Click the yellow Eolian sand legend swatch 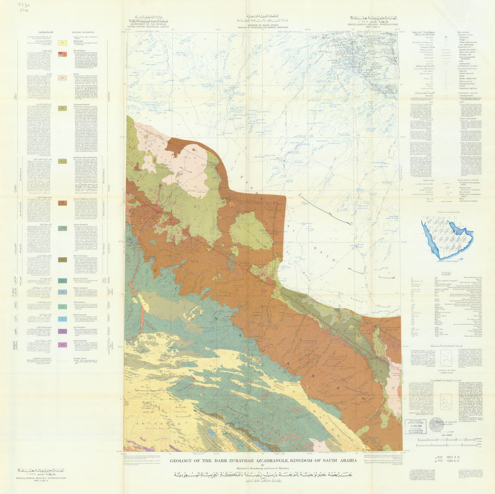click(63, 44)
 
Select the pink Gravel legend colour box click(63, 78)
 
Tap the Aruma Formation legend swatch click(63, 228)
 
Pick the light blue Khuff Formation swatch click(63, 319)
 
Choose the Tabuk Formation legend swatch click(63, 345)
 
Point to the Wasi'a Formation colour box click(63, 259)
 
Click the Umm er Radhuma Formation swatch click(63, 203)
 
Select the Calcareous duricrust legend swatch click(63, 108)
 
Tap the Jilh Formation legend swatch click(63, 306)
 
